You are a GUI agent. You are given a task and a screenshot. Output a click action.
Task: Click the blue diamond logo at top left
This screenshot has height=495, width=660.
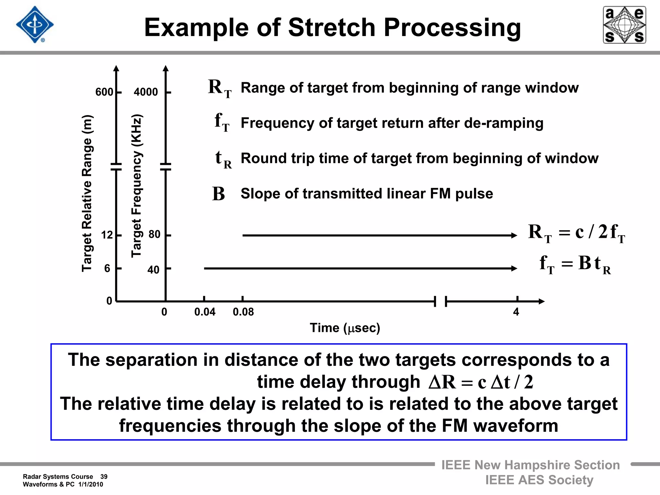click(35, 25)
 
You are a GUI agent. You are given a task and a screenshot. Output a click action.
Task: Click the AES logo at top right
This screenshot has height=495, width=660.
click(624, 25)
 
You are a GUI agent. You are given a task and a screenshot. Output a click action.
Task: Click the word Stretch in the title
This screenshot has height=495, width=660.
click(332, 27)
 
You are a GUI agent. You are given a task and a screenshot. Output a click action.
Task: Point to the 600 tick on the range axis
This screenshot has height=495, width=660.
click(104, 92)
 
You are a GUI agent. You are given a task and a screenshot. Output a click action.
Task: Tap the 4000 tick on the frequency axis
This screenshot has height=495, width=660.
click(146, 92)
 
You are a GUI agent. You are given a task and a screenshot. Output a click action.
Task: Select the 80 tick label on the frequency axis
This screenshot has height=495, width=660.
click(154, 234)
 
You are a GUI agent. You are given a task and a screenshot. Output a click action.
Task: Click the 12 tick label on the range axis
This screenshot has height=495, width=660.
click(107, 235)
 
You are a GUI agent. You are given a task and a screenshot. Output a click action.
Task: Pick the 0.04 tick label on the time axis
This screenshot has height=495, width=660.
click(205, 312)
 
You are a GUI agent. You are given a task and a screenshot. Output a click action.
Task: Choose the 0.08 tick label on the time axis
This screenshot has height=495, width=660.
click(243, 312)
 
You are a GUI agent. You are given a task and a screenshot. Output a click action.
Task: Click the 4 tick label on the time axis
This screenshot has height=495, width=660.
click(516, 312)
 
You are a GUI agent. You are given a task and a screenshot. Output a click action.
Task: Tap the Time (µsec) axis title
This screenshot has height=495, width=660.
click(345, 328)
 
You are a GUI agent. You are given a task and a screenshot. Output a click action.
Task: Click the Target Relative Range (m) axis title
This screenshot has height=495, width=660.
click(87, 193)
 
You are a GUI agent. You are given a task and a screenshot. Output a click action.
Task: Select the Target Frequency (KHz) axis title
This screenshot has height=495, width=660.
click(136, 186)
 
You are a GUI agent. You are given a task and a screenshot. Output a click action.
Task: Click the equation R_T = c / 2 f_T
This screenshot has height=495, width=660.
click(576, 233)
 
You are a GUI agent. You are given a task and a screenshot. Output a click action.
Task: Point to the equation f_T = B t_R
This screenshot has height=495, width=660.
click(575, 264)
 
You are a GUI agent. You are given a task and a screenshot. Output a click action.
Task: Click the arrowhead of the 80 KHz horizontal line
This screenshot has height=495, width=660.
click(514, 236)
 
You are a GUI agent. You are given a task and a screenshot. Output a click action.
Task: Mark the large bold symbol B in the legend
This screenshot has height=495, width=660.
click(218, 194)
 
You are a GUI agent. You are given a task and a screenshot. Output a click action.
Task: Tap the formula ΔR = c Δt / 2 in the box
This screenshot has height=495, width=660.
click(480, 383)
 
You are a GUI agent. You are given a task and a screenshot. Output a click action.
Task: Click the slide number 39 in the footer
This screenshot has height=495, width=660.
click(104, 477)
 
